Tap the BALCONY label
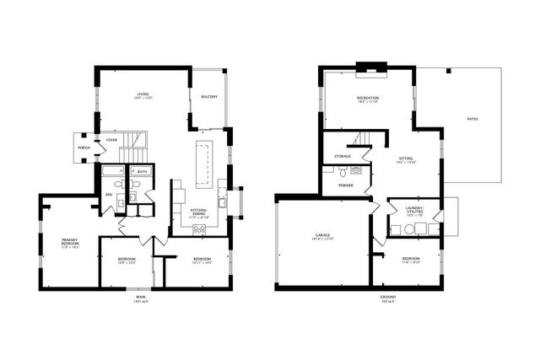pyautogui.click(x=209, y=98)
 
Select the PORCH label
pyautogui.click(x=84, y=148)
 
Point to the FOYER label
pyautogui.click(x=111, y=140)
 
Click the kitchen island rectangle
pyautogui.click(x=202, y=164)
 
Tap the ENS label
pyautogui.click(x=108, y=196)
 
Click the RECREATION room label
pyautogui.click(x=367, y=99)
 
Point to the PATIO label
pyautogui.click(x=472, y=119)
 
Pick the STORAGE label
pyautogui.click(x=343, y=157)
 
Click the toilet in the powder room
pyautogui.click(x=356, y=170)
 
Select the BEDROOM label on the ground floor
pyautogui.click(x=411, y=260)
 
